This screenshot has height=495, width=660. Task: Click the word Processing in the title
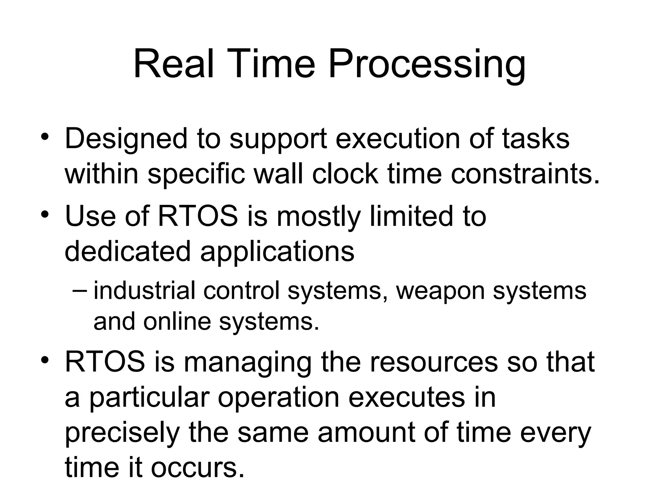click(427, 65)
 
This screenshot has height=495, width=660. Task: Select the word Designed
click(126, 139)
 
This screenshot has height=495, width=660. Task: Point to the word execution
click(398, 139)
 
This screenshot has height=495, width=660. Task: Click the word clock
click(345, 174)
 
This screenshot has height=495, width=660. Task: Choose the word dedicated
click(128, 251)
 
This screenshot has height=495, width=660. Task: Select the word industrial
click(144, 290)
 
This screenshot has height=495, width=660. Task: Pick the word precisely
click(122, 433)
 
